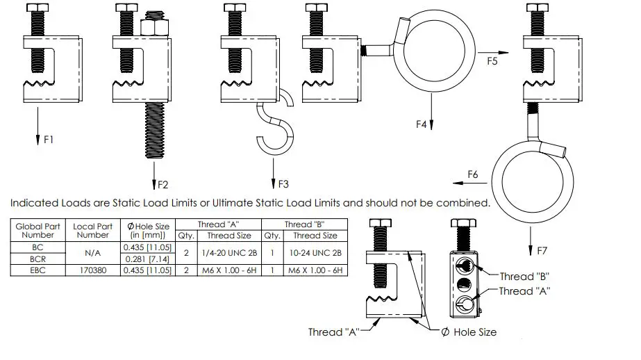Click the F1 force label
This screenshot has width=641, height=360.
[x=49, y=140]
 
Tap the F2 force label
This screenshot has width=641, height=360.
[x=163, y=185]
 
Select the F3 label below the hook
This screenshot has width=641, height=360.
[x=283, y=185]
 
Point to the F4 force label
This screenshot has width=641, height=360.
[x=421, y=124]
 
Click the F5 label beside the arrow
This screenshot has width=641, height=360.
[x=492, y=61]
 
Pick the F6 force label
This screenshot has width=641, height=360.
[x=473, y=173]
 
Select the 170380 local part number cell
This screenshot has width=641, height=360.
[x=93, y=270]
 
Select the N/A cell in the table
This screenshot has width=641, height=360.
[x=93, y=253]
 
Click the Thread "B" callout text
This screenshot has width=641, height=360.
[x=526, y=276]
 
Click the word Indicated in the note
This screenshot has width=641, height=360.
[x=33, y=204]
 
